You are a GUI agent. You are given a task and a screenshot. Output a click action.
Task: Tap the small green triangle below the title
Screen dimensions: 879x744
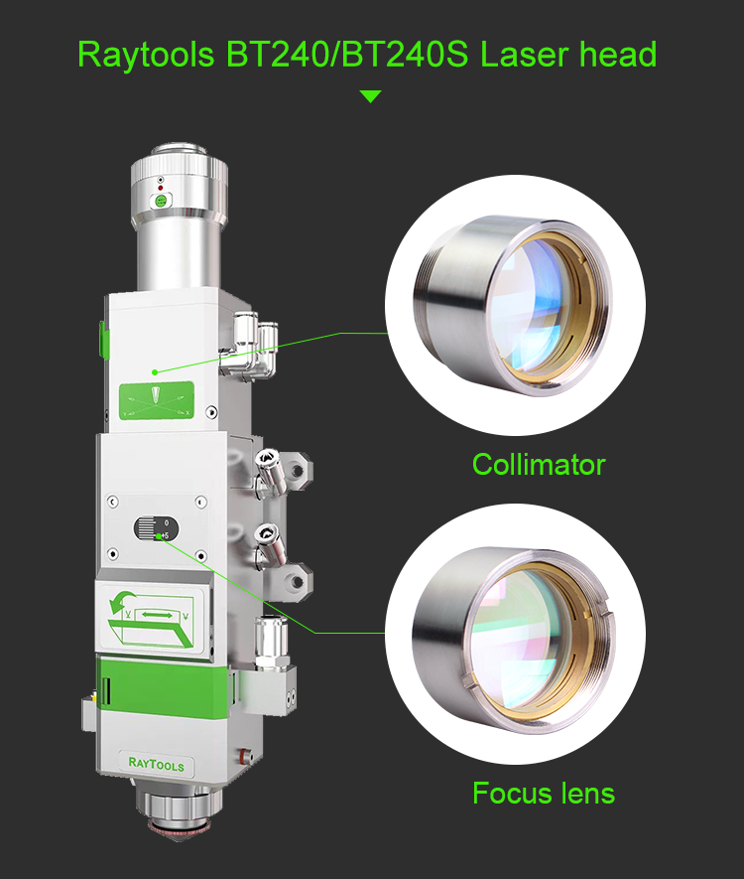click(370, 96)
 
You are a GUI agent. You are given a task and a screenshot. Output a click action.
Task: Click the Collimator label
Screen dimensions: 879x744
click(539, 464)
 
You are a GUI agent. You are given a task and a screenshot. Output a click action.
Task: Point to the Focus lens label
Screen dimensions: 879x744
click(543, 794)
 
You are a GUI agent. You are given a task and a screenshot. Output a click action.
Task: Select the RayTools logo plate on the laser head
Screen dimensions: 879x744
click(157, 764)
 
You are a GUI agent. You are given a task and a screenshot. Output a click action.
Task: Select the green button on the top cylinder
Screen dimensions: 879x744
click(158, 201)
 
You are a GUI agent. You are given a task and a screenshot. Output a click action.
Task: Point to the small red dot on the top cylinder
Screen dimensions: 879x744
click(159, 187)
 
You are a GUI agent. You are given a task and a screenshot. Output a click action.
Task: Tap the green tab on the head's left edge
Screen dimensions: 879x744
click(101, 337)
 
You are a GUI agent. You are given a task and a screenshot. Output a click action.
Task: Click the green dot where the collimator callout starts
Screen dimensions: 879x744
click(155, 371)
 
